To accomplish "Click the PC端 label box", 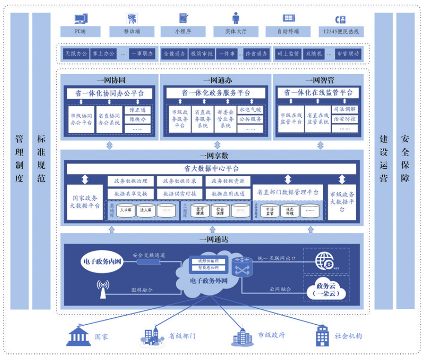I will click(80, 32).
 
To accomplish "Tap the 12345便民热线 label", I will click(341, 32).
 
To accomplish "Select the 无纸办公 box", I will click(76, 54).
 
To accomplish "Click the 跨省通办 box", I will click(256, 54).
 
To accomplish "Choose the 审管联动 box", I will click(348, 54).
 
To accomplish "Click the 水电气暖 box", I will click(250, 110).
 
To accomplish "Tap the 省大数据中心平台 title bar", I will click(211, 169).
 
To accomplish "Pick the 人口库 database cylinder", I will click(125, 211).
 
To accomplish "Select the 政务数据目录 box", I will click(180, 181).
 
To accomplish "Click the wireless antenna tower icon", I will click(103, 289).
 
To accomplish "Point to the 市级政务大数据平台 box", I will click(342, 202).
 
